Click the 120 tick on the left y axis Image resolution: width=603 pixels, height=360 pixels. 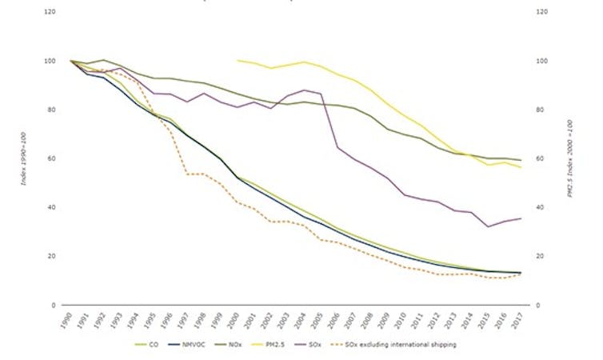50,13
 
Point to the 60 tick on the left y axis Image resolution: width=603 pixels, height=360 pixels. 52,159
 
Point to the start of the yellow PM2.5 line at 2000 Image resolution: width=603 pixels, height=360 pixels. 238,60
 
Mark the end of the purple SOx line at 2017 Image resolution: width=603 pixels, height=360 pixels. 521,218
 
